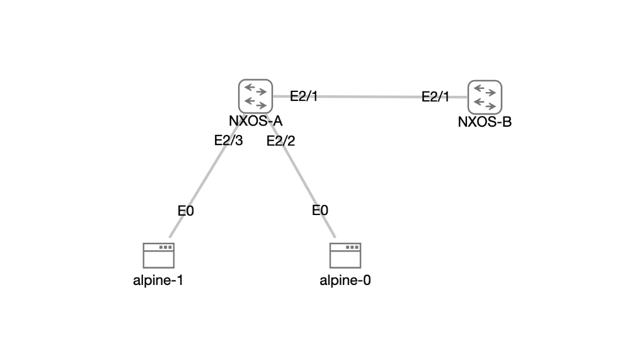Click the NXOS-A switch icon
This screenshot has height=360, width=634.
255,95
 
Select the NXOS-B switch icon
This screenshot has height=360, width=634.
485,96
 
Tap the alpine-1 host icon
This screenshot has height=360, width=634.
159,256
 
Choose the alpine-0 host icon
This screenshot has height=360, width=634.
345,256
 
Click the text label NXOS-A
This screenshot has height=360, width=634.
255,120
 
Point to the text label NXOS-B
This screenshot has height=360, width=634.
485,122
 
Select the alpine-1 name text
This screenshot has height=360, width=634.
158,281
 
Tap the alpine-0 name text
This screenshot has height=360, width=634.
345,281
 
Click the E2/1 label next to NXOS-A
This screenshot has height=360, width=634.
304,96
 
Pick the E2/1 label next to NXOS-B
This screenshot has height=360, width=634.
435,96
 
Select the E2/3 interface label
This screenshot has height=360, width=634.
228,141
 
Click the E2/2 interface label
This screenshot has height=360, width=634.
280,141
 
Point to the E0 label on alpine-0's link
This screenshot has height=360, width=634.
320,211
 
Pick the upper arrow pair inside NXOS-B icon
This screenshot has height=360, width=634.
485,90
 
